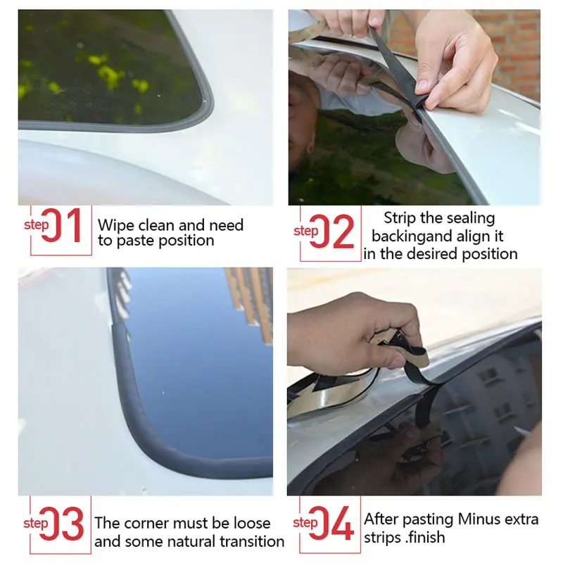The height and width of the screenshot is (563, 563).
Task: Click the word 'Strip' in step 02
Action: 403,218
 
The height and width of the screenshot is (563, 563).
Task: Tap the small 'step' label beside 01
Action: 36,225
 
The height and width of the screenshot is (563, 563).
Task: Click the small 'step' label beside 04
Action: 305,523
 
